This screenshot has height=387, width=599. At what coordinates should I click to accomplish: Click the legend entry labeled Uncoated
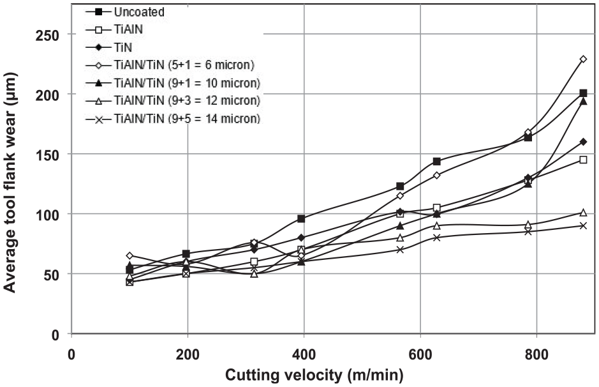click(x=125, y=12)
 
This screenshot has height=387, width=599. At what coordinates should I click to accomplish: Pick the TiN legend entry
click(x=109, y=47)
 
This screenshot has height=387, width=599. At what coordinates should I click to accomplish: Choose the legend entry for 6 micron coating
click(x=170, y=64)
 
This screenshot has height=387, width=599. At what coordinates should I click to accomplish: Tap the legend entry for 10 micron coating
click(x=173, y=82)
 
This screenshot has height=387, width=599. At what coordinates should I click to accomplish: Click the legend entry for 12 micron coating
click(x=173, y=100)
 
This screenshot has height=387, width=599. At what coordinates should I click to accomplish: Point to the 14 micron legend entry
click(x=173, y=119)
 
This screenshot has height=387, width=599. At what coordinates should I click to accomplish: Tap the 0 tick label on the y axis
click(x=55, y=335)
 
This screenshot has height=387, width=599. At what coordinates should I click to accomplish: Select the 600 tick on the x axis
click(x=420, y=354)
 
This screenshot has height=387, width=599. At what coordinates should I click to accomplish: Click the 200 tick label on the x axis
click(x=188, y=354)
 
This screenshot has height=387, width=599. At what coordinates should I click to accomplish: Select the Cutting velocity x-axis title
click(x=314, y=375)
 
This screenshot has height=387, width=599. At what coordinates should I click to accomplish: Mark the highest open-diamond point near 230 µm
click(x=583, y=59)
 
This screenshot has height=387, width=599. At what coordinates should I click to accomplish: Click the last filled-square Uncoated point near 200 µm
click(x=583, y=93)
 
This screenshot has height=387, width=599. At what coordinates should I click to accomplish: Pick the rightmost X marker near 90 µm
click(x=583, y=225)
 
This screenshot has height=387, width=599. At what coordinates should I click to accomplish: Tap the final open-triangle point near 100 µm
click(x=583, y=212)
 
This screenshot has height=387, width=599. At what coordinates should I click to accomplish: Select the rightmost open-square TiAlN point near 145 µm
click(x=583, y=160)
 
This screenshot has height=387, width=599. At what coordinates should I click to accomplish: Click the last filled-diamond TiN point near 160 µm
click(x=583, y=142)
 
